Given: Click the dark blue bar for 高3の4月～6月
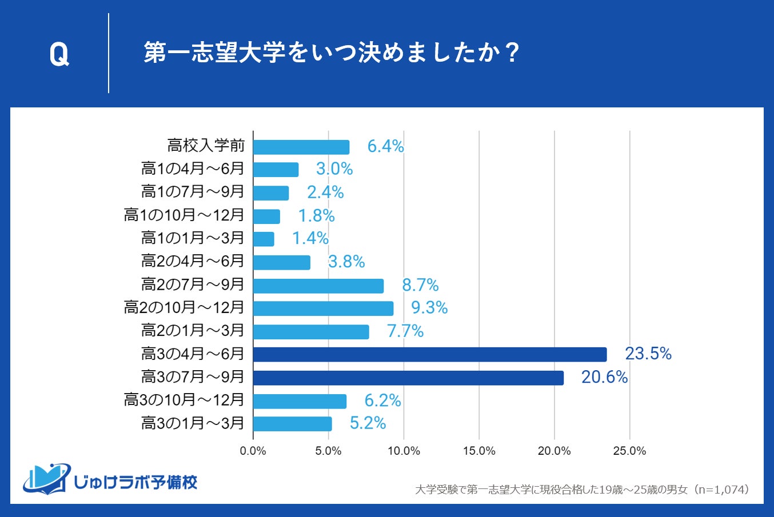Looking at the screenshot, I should (430, 355).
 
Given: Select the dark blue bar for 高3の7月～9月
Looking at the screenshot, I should (408, 378).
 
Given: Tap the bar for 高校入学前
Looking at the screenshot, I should (301, 147).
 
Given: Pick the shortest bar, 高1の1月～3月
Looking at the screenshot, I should (264, 239).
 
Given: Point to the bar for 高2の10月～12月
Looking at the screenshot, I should (323, 308).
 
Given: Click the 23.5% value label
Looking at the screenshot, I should (648, 354).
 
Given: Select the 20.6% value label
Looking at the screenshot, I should (604, 377).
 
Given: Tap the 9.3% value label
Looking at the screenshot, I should (429, 308).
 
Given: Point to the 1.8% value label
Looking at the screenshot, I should (316, 215).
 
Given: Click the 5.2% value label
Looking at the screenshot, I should (368, 423).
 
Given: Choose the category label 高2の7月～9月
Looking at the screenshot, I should (193, 284).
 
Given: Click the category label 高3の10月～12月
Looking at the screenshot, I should (184, 400).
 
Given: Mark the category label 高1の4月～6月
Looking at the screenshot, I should (193, 169).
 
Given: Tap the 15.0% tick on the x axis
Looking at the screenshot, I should (479, 451).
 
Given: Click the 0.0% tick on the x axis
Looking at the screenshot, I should (253, 451).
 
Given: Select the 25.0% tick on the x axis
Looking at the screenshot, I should (629, 451).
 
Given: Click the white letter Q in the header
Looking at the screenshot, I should (59, 54).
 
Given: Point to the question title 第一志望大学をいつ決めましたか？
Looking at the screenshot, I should (331, 53).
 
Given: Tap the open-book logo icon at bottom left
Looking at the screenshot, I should (46, 479).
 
